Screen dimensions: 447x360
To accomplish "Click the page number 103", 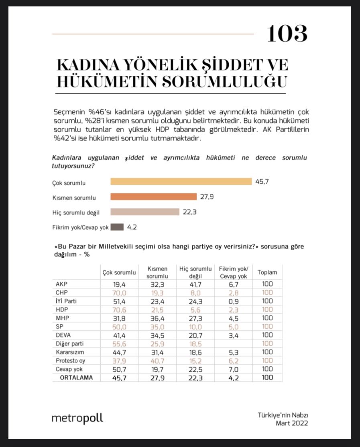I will click(287, 34).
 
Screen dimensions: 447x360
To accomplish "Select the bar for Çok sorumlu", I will click(181, 182).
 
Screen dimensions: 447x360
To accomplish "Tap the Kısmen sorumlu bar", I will click(154, 197).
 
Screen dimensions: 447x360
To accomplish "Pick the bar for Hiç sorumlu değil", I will click(145, 212).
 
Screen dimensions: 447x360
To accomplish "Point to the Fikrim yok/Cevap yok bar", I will click(117, 227).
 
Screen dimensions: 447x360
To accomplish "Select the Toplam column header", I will click(267, 272).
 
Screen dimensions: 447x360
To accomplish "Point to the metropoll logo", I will click(77, 418).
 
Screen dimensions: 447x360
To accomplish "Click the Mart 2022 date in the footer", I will click(292, 423).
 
